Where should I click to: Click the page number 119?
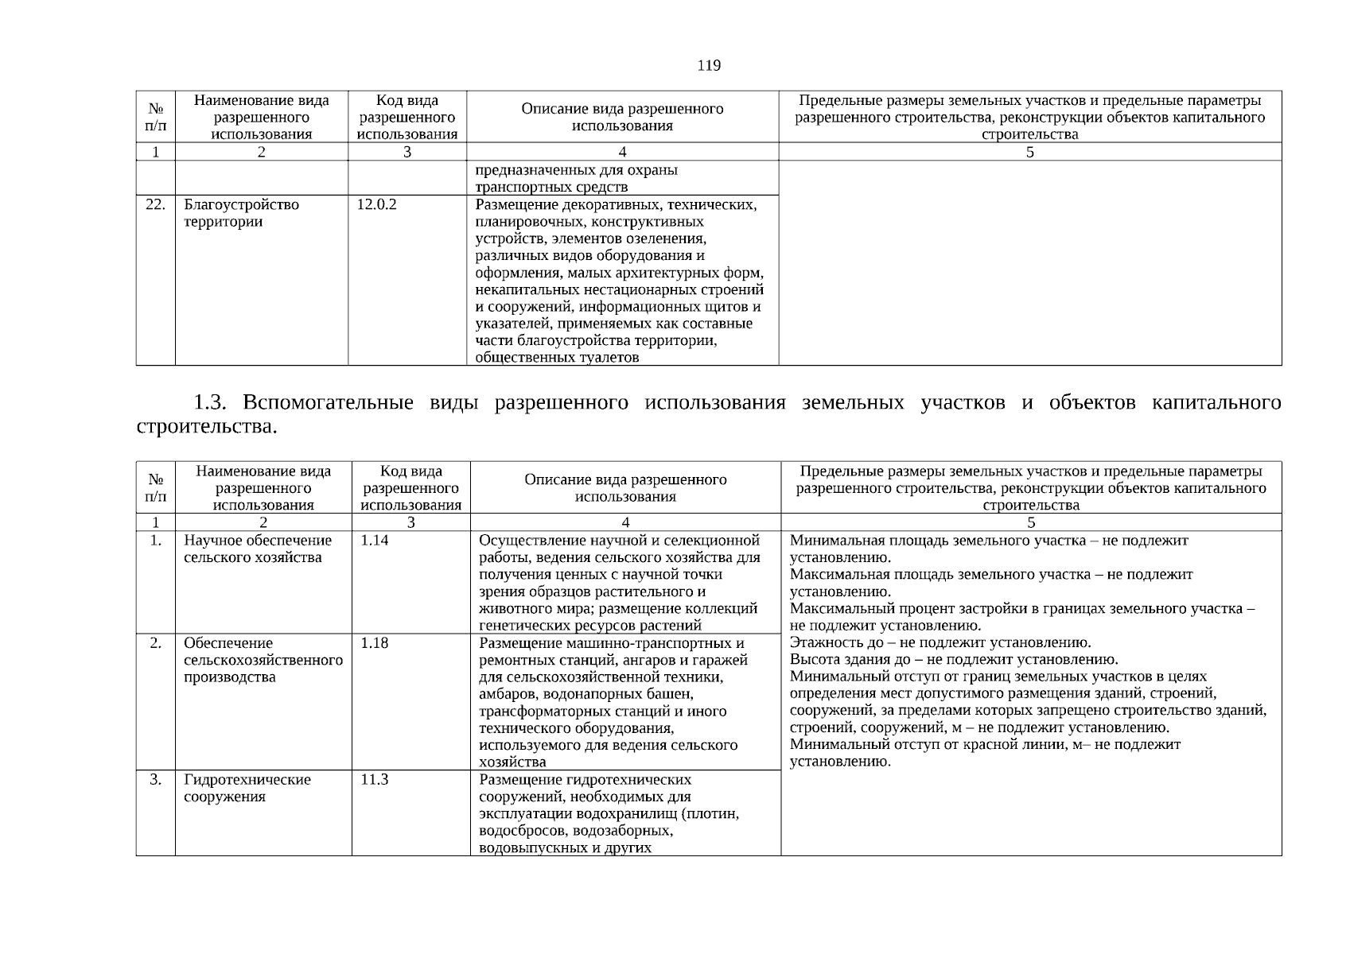(x=708, y=66)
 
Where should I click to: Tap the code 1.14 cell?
(x=374, y=541)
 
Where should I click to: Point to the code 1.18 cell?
(x=374, y=643)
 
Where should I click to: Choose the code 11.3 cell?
(x=374, y=780)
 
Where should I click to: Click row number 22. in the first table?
(x=155, y=205)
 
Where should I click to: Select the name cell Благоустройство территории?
(x=241, y=213)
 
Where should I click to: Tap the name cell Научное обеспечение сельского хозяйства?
(x=257, y=549)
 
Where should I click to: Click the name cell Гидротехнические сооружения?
(x=247, y=788)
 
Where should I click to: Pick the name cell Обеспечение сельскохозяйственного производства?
(x=263, y=660)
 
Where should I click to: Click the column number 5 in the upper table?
(x=1029, y=152)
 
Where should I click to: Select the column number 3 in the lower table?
(x=410, y=522)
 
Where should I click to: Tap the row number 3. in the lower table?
(x=155, y=780)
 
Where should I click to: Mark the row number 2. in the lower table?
(x=155, y=643)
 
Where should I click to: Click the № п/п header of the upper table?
(x=155, y=117)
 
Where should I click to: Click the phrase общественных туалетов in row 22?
(x=557, y=358)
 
